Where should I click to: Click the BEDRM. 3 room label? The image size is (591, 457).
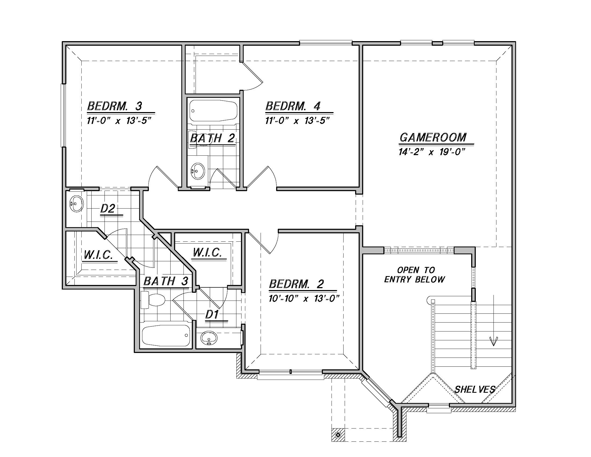(114, 106)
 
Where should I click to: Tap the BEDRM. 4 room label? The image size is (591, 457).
(293, 106)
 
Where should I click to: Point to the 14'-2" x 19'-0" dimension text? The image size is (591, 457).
(432, 152)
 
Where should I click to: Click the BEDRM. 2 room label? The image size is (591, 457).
(296, 284)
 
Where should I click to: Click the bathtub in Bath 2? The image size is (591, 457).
(213, 111)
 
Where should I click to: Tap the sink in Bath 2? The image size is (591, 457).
(198, 171)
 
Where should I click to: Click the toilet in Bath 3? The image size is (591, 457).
(153, 300)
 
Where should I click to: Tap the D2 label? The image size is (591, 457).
(108, 208)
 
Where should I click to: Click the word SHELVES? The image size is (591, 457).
(475, 390)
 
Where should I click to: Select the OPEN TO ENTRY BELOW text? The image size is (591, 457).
(415, 274)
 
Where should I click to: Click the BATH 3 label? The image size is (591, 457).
(165, 281)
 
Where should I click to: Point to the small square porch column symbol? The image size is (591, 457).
(338, 435)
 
